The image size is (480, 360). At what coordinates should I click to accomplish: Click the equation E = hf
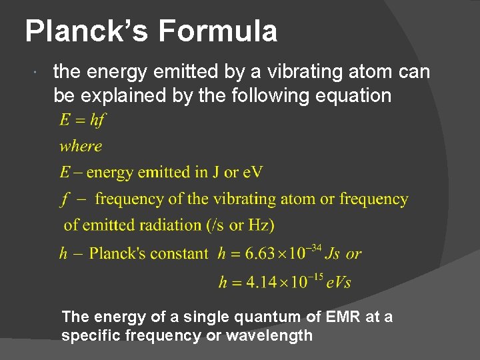tap(83, 121)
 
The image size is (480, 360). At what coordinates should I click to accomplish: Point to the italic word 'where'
tap(81, 146)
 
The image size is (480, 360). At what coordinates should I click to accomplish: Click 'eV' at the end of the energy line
tap(253, 173)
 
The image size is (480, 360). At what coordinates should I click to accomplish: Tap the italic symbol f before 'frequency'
tap(65, 199)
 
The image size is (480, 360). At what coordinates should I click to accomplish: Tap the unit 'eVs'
tap(339, 282)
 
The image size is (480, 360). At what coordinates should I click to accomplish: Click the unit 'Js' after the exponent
tap(333, 254)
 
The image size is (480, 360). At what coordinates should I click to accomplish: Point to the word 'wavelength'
tap(269, 335)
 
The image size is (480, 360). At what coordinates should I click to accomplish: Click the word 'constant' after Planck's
tap(179, 254)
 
